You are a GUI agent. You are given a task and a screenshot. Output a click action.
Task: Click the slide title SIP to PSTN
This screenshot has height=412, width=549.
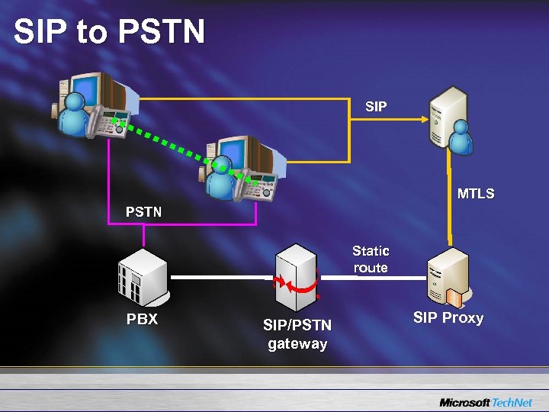click(x=109, y=32)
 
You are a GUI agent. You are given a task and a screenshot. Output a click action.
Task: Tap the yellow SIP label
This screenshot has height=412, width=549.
click(x=376, y=107)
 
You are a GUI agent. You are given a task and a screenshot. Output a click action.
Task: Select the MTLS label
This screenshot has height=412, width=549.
click(x=476, y=194)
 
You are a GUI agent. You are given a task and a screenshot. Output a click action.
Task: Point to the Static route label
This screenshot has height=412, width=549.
click(x=371, y=259)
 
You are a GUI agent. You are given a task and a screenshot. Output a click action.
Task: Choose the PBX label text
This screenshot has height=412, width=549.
click(x=142, y=319)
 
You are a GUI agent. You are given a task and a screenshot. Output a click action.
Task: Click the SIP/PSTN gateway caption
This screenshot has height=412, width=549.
click(x=297, y=334)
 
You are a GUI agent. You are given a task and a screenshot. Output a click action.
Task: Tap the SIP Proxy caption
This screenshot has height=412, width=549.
click(x=448, y=317)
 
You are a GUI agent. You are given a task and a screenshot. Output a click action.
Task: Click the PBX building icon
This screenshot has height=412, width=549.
click(x=141, y=275)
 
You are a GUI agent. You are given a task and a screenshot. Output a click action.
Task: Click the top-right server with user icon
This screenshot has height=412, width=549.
click(x=448, y=118)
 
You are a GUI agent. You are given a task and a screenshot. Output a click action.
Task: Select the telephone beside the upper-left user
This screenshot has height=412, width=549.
click(x=107, y=122)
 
